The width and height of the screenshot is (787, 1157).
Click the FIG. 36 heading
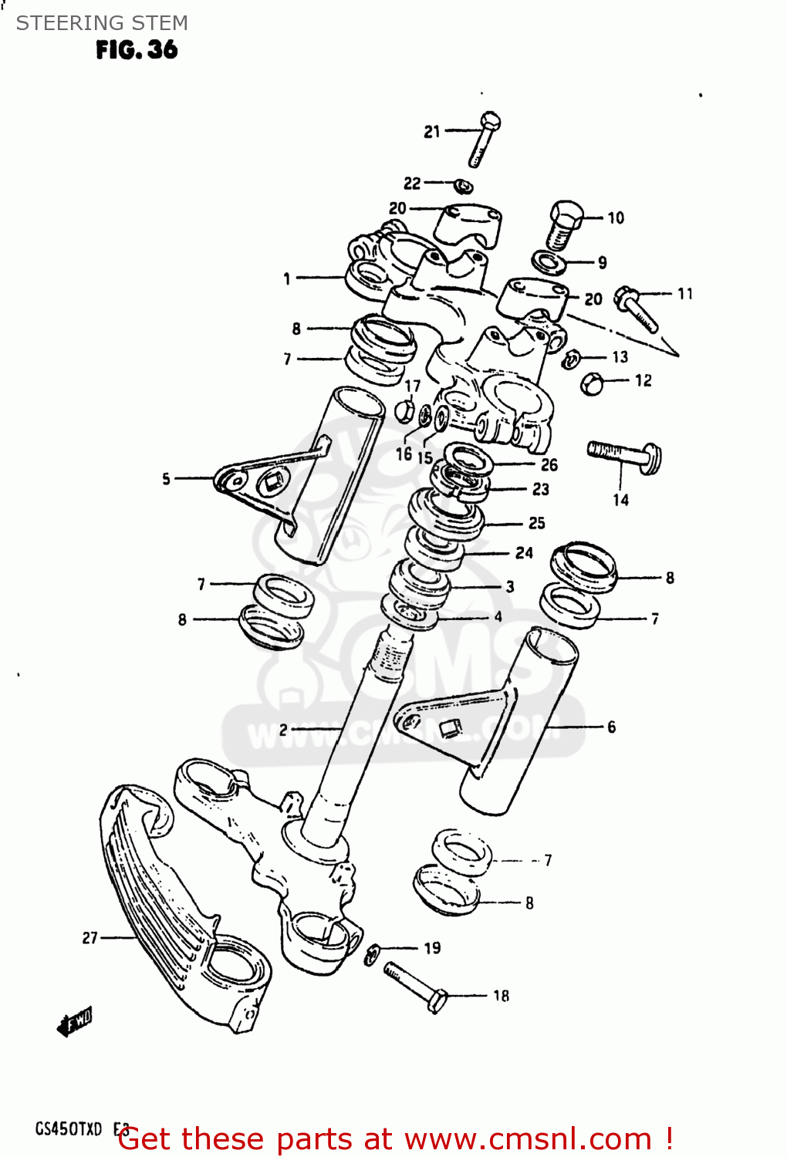point(137,50)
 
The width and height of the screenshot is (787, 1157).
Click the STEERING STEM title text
point(102,23)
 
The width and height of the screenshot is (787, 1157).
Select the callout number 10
point(615,218)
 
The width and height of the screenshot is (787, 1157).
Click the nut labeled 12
point(592,383)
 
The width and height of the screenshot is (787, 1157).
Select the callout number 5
point(166,479)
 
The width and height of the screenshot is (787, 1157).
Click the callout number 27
point(90,937)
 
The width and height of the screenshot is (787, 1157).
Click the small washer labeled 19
point(372,953)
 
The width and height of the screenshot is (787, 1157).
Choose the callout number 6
point(611,727)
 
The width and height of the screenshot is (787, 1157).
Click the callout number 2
point(283,729)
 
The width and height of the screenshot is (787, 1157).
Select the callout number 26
point(549,464)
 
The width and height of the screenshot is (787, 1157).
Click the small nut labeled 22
point(463,186)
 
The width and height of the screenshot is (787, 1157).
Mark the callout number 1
point(287,278)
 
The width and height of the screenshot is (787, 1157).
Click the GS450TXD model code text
point(68,1129)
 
